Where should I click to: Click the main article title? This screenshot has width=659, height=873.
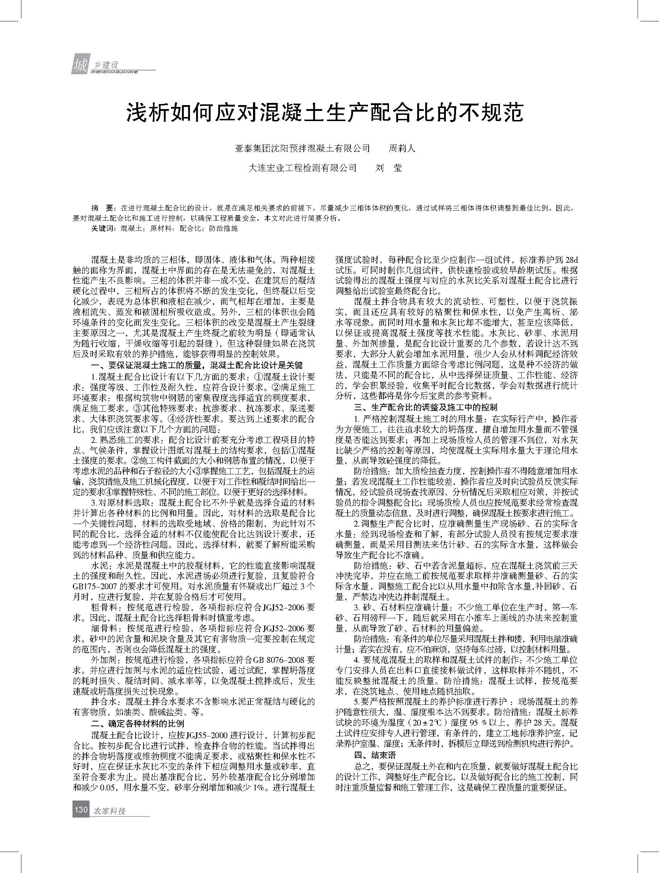pos(324,113)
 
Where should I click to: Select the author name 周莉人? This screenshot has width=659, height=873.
pos(402,148)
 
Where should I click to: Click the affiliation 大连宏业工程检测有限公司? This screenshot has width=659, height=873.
pos(302,168)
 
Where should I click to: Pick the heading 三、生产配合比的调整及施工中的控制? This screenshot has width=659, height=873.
pos(425,407)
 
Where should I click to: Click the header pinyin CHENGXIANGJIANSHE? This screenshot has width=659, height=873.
pos(114,72)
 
